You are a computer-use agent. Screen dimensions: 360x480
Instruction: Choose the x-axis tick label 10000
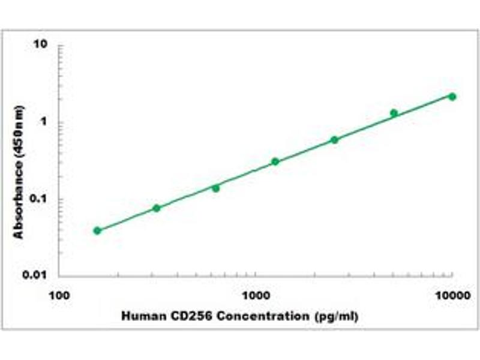[452, 295]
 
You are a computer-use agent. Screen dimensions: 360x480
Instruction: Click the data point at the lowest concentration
[97, 230]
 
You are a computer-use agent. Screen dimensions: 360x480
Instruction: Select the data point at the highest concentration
[452, 97]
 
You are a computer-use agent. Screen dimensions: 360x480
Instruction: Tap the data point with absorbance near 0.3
[275, 161]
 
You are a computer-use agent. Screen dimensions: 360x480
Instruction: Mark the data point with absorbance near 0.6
[334, 140]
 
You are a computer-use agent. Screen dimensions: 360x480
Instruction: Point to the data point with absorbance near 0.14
[215, 188]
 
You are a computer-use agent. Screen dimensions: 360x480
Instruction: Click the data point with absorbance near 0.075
[157, 208]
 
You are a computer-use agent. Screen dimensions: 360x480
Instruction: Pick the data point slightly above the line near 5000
[394, 113]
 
